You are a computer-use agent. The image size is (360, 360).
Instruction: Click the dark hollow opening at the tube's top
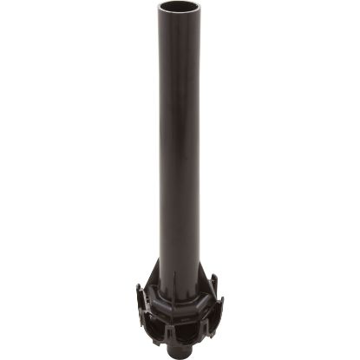click(179, 10)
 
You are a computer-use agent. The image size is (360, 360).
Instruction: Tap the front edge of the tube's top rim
click(179, 16)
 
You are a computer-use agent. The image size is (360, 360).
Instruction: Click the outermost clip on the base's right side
click(221, 309)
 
